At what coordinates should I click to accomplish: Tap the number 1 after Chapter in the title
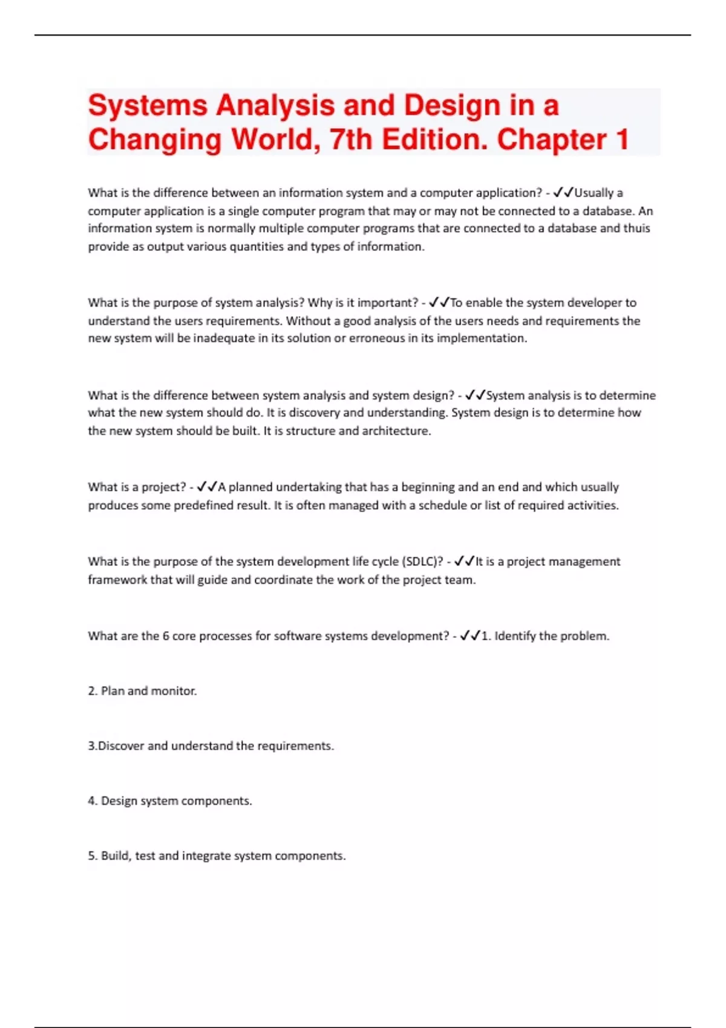click(x=621, y=140)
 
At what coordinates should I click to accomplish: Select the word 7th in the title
click(x=351, y=140)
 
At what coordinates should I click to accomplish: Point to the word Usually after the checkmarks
click(x=594, y=193)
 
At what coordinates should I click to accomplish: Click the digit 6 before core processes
click(x=166, y=636)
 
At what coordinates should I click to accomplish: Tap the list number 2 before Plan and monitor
click(x=91, y=691)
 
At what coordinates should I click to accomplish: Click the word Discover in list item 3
click(x=121, y=746)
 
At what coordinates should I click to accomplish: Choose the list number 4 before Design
click(x=91, y=801)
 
